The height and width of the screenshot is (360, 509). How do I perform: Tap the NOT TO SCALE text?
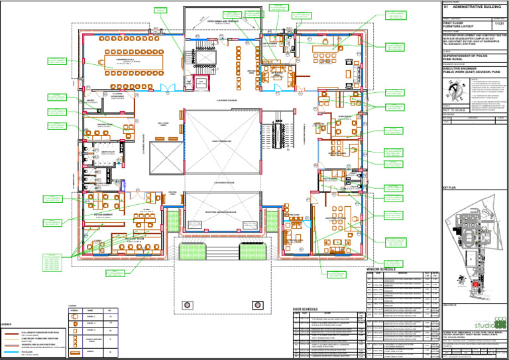click(x=455, y=113)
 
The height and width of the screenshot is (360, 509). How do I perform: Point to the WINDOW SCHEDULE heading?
click(x=381, y=269)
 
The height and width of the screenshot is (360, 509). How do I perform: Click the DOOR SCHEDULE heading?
click(x=306, y=309)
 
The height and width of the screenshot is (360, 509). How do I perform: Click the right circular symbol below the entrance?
click(x=257, y=305)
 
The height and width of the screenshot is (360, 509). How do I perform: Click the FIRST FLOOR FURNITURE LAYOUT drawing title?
click(x=459, y=26)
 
